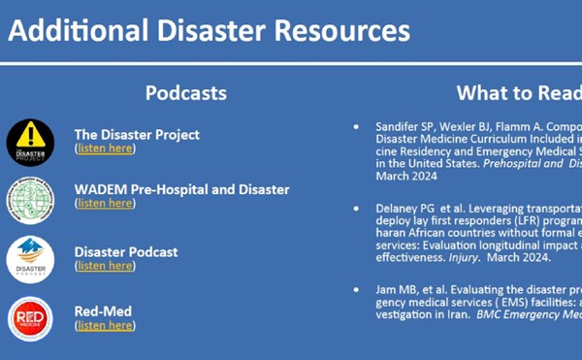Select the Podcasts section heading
coord(186,93)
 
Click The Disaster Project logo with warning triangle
coord(30,143)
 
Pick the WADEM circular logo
coord(30,200)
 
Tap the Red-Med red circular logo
coord(30,318)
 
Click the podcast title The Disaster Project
coord(137,134)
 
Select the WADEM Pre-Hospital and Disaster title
coord(181,189)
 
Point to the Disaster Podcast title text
coord(126,251)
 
